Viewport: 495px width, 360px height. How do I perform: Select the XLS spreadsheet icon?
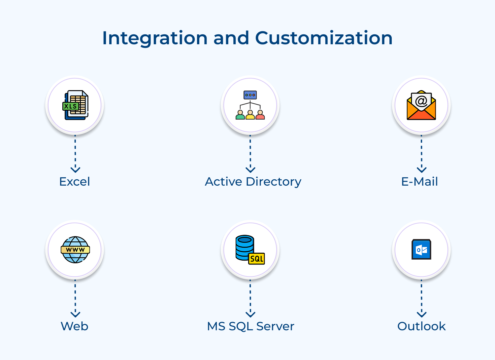click(x=75, y=105)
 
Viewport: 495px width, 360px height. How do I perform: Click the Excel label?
click(x=75, y=182)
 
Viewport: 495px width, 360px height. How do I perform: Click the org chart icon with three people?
click(x=250, y=105)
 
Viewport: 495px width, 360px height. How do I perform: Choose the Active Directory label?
click(x=253, y=182)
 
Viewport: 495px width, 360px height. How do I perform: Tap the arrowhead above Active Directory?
click(x=250, y=169)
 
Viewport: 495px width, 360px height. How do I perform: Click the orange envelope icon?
click(x=421, y=106)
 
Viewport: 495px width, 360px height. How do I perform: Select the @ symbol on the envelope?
click(x=421, y=100)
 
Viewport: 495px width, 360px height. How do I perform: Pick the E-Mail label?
click(x=419, y=182)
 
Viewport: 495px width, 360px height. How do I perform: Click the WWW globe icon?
click(x=75, y=250)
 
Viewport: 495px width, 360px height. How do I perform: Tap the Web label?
click(x=75, y=326)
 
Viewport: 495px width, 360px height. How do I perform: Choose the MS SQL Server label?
click(x=250, y=326)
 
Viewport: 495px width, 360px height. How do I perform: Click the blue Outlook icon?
click(x=421, y=249)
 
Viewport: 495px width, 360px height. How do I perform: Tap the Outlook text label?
click(x=421, y=326)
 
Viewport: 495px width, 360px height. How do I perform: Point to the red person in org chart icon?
click(x=260, y=115)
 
